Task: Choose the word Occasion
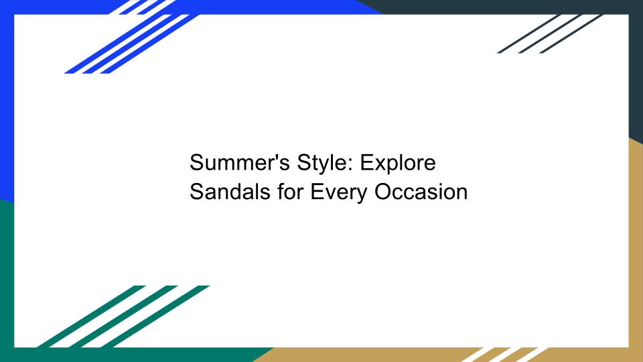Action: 421,192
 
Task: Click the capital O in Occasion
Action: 383,192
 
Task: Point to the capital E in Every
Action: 317,192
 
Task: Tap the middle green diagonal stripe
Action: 124,316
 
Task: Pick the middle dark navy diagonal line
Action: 550,34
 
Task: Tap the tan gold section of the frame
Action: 636,246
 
